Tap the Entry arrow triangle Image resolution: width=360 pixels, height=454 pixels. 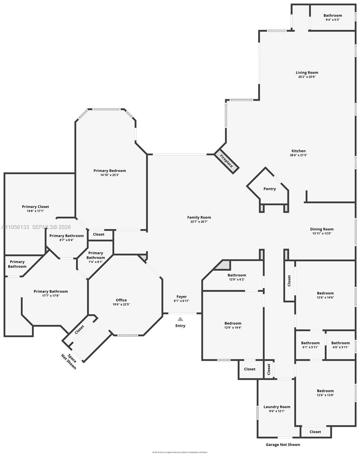[x=180, y=319]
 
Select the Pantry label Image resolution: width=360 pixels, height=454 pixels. [x=270, y=189]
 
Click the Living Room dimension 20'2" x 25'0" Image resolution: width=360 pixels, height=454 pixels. [x=307, y=77]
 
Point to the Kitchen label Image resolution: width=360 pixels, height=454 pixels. [x=298, y=151]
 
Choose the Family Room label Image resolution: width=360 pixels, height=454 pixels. [x=199, y=217]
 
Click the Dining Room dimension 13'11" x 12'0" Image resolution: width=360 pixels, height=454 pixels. [x=322, y=233]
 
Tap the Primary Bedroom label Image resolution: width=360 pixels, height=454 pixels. [x=110, y=171]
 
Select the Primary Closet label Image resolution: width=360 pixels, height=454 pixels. [x=36, y=207]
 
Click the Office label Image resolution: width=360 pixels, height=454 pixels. [x=121, y=300]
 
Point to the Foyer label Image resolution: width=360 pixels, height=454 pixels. [x=182, y=297]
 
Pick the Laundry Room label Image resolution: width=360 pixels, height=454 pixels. [x=277, y=407]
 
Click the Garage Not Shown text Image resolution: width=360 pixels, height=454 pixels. [x=283, y=445]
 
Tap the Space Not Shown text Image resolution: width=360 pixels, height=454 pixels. [x=69, y=361]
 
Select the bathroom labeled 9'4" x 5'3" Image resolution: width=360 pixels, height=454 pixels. [x=332, y=19]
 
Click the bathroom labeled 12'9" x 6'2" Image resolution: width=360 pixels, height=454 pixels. [x=237, y=279]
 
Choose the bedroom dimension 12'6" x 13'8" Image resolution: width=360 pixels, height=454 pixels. [x=325, y=395]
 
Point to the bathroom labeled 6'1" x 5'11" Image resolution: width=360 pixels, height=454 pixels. [x=310, y=347]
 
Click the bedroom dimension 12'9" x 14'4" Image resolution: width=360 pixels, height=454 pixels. [x=233, y=327]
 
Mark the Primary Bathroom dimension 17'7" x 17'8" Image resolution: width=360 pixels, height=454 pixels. [x=51, y=295]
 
